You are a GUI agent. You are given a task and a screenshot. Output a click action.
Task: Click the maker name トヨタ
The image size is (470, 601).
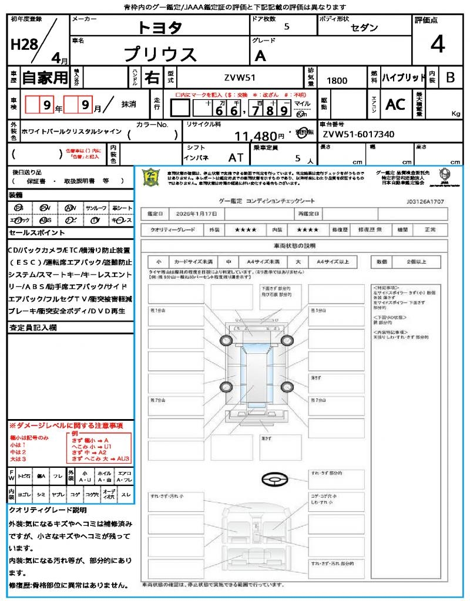(160, 28)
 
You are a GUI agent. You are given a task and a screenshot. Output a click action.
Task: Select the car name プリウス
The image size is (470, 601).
(160, 54)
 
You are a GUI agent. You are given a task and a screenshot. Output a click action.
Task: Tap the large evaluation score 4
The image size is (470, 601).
(437, 45)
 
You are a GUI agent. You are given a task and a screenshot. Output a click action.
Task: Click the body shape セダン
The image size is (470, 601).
(364, 28)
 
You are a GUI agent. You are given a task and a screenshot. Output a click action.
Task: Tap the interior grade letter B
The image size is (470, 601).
(450, 77)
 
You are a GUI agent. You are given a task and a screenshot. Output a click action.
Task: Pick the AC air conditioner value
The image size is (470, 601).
(395, 104)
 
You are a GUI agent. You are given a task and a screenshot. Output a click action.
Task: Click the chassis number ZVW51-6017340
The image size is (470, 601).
(358, 134)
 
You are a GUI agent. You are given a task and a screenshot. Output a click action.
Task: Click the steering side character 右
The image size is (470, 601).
(152, 77)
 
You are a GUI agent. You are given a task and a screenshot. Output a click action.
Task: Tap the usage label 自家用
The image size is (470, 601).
(45, 77)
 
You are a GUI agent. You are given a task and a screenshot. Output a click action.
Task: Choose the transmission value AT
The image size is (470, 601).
(236, 157)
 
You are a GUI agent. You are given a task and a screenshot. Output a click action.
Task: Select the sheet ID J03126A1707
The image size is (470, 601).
(425, 201)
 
